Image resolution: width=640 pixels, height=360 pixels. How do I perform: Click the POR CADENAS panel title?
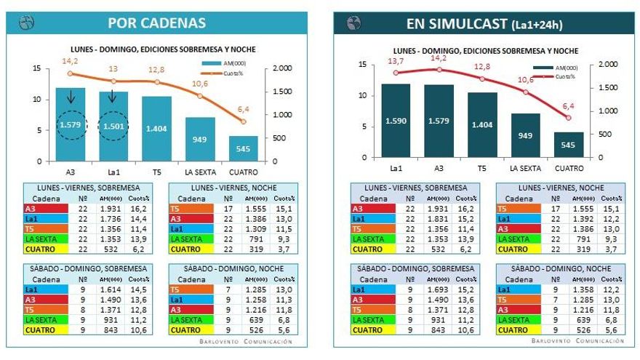[x=156, y=23]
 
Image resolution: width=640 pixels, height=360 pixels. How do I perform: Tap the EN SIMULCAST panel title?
[x=484, y=24]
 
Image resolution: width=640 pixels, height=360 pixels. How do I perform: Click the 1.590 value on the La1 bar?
[x=396, y=121]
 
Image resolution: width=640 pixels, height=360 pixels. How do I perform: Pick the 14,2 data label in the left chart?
[x=70, y=62]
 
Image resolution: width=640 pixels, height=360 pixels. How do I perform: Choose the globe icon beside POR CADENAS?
[x=26, y=23]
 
